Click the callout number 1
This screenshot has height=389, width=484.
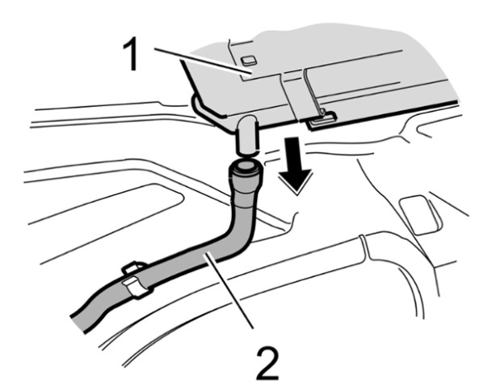tap(131, 53)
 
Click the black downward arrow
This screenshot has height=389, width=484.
tap(296, 165)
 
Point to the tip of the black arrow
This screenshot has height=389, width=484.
tap(297, 195)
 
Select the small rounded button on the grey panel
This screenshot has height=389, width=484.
tap(249, 61)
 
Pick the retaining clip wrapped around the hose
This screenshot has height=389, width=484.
tap(136, 279)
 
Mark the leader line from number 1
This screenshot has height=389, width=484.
tap(203, 61)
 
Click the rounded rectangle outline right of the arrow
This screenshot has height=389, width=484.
tap(419, 215)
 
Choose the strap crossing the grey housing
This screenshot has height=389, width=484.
tap(291, 95)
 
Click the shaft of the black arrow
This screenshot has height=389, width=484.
tap(292, 154)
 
